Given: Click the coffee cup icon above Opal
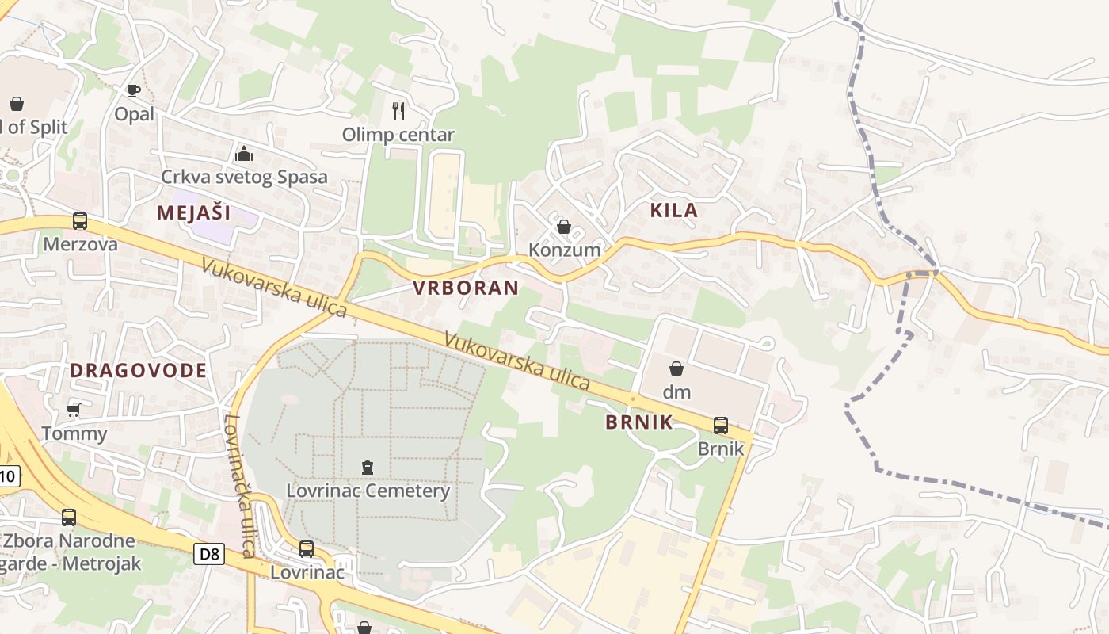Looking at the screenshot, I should pos(134,91).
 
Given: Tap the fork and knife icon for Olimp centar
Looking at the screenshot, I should pos(398,111).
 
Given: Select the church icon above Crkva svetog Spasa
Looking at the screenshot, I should pos(244,153).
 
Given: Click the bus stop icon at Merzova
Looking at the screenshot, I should pos(80,221).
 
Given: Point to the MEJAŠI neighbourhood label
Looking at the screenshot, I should pos(193,212).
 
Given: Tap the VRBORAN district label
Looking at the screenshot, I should pos(466,288).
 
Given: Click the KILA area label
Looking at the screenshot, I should pos(674,210).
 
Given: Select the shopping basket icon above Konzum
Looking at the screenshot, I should pos(564,227).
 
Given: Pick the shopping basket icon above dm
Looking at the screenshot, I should pos(676,369).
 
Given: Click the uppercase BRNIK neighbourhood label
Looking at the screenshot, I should pos(639,422).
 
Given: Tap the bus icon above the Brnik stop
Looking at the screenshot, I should pos(721,426).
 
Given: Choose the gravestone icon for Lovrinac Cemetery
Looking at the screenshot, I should pos(368,468).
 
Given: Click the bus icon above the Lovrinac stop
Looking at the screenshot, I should pos(307,548).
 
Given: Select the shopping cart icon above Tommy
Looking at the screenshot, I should pos(74,410).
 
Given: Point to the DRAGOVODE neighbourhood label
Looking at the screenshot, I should pos(139,370).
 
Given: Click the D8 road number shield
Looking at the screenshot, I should pos(209,553).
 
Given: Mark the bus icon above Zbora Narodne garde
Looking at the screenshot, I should pos(69,518).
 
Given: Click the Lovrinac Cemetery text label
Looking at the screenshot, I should pos(368,491).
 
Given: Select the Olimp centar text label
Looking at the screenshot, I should pos(398,135).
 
